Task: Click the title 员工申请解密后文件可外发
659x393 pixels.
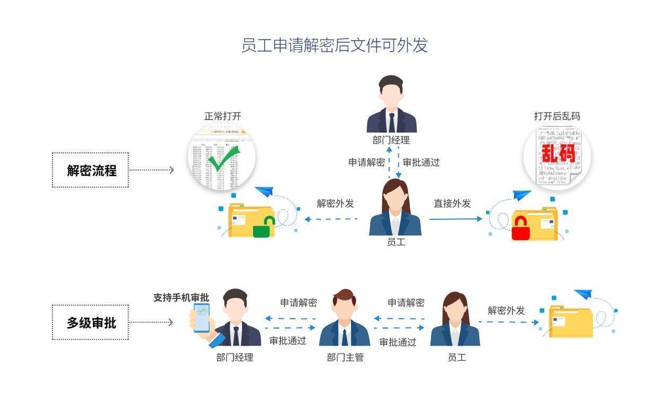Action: point(334,45)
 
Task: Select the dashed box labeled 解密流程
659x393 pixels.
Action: point(90,170)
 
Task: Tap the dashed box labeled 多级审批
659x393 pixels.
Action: point(90,322)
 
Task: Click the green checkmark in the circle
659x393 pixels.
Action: point(222,158)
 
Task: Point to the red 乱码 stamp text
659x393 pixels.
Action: point(558,154)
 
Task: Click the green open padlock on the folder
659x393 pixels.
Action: point(263,227)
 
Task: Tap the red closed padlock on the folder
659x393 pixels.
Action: point(521,227)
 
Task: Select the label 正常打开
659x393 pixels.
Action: point(223,116)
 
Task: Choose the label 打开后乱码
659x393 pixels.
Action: point(557,116)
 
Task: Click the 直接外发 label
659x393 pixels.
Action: point(452,203)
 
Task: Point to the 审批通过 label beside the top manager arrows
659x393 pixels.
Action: point(421,163)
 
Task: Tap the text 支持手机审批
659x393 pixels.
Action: point(181,298)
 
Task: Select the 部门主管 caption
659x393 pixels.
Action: point(345,357)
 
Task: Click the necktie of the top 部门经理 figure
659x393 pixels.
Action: point(392,123)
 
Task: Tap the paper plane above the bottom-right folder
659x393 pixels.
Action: point(583,294)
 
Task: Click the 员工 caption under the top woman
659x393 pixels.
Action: point(396,242)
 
